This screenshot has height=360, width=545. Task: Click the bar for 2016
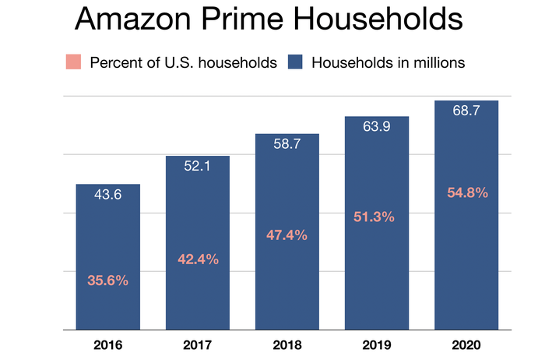[107, 257]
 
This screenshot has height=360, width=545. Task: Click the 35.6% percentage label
[107, 279]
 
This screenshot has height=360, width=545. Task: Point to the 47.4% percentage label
[287, 235]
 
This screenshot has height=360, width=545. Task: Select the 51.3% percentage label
[377, 217]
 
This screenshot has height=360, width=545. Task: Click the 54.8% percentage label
[466, 192]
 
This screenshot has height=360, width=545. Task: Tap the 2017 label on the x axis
[198, 344]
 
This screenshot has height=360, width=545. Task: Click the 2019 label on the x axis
[377, 344]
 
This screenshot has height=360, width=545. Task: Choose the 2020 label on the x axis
[466, 344]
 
